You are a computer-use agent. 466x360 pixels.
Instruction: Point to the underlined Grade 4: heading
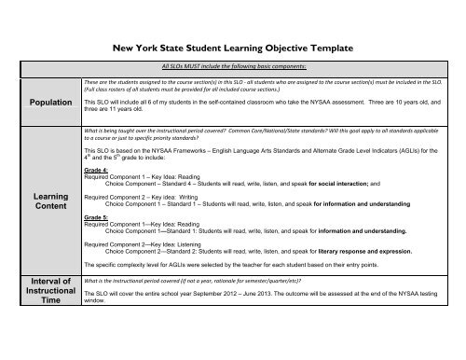pos(95,172)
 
